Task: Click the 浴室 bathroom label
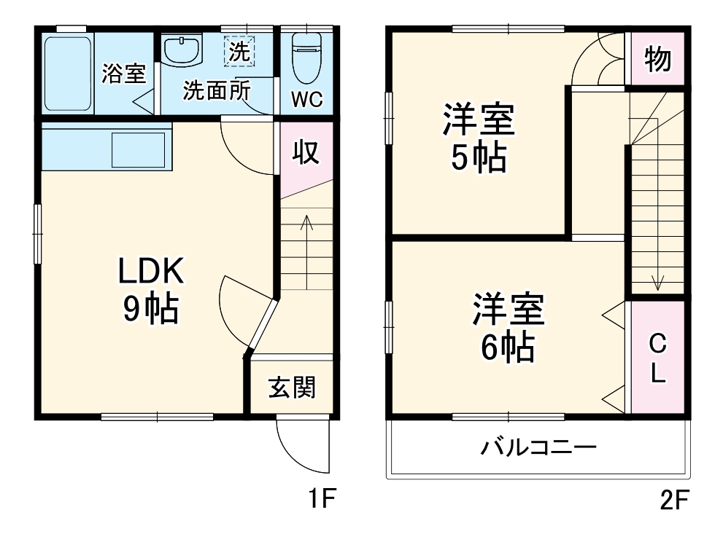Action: [123, 74]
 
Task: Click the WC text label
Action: [307, 101]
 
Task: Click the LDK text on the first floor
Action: [150, 272]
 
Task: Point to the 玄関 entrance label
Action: [292, 388]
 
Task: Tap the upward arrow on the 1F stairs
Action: [306, 226]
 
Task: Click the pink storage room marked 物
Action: [657, 59]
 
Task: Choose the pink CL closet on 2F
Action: [657, 358]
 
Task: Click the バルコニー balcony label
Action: [538, 447]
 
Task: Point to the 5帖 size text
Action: [478, 157]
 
